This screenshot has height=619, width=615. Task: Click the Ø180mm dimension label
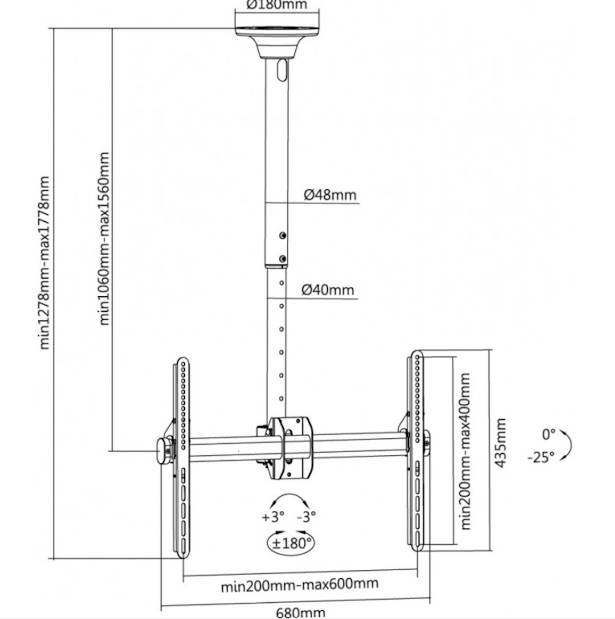277,5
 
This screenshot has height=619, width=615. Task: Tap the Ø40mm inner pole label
328,290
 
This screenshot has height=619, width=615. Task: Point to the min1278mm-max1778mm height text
45,263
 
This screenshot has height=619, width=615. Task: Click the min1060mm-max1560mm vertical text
104,238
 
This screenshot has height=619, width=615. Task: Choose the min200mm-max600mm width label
300,585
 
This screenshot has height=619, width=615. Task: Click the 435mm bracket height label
501,443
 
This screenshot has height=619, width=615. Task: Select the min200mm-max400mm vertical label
466,451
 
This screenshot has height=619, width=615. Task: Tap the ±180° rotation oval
291,543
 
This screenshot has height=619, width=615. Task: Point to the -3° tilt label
307,516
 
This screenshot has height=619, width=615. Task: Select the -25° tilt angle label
541,457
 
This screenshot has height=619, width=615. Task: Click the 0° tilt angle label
548,434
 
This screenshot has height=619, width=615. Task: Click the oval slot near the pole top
282,70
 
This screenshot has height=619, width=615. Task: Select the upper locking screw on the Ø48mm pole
283,235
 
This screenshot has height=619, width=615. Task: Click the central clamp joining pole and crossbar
291,448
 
